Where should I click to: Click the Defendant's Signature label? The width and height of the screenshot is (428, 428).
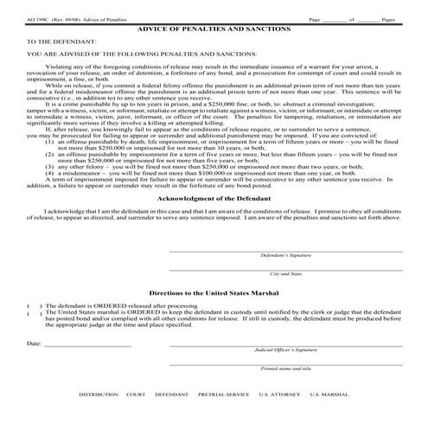[285, 256]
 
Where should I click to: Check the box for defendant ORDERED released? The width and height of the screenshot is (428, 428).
[31, 306]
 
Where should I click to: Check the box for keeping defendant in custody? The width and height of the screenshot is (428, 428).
[31, 312]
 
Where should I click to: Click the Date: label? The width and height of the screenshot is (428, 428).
[35, 344]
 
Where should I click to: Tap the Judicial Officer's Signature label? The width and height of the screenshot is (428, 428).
[286, 349]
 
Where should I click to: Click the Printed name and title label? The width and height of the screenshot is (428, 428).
[286, 367]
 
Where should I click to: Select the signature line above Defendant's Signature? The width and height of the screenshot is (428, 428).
[285, 251]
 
